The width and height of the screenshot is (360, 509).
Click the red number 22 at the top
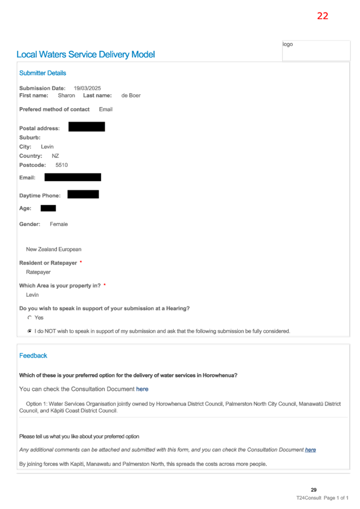point(322,16)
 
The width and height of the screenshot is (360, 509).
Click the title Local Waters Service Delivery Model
point(86,55)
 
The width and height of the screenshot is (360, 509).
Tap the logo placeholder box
point(316,51)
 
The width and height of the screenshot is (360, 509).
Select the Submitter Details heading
point(42,73)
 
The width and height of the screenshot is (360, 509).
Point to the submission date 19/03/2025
point(87,88)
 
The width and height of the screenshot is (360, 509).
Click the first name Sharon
point(66,95)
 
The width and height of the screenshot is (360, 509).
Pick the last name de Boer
point(131,95)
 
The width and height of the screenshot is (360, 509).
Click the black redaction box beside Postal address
point(87,126)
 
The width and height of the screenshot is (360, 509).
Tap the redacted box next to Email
point(73,177)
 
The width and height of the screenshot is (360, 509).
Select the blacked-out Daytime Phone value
point(83,195)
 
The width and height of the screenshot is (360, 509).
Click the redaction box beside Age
point(48,208)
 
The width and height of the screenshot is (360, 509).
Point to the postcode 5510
point(62,165)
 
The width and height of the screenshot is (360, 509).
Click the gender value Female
point(59,224)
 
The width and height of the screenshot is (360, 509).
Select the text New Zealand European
point(54,249)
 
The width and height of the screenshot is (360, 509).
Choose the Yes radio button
point(29,318)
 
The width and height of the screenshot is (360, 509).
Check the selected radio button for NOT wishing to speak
point(29,331)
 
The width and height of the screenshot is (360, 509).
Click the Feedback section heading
point(33,356)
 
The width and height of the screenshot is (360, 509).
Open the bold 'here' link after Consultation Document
point(142,389)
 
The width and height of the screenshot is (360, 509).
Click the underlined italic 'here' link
point(310,450)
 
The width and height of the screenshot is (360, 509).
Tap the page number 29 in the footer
point(314,490)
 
